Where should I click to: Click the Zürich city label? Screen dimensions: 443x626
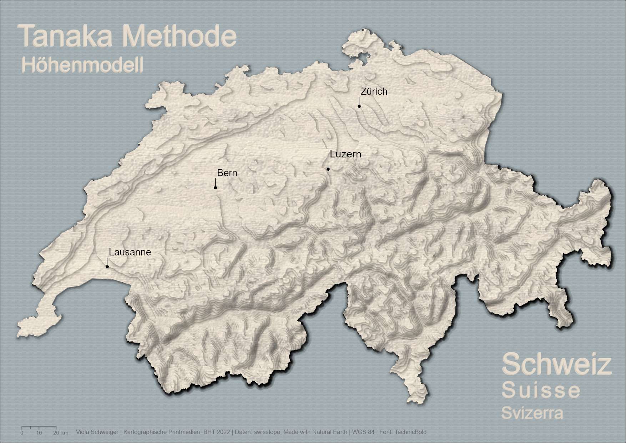point(374,91)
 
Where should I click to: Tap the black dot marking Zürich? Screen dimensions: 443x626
point(359,106)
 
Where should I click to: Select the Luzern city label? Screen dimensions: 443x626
point(345,154)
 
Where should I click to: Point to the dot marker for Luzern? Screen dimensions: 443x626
point(328,169)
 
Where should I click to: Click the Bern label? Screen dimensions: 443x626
point(227,173)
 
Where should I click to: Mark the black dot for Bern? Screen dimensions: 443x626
point(215,188)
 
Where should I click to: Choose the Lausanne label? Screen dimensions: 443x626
point(130,252)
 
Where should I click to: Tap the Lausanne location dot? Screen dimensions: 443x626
point(107,267)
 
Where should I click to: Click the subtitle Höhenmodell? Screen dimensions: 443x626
point(82,65)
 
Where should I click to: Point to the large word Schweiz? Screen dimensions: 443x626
point(557,364)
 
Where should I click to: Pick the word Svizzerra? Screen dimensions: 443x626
point(532,413)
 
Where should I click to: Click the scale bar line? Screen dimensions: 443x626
point(39,427)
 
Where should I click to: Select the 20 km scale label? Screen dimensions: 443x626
point(60,433)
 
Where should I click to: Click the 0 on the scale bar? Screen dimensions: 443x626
point(22,433)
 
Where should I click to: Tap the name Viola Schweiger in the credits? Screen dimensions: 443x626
point(97,432)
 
